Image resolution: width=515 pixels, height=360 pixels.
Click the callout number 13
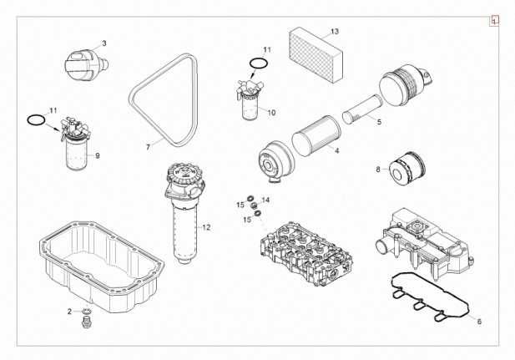tap(334, 31)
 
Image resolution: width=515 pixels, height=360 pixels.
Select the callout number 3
tap(104, 43)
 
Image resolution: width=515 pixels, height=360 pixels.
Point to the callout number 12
tap(206, 227)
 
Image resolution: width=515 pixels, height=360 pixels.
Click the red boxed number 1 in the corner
tap(495, 19)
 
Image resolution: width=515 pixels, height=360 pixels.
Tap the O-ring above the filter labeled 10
tap(259, 64)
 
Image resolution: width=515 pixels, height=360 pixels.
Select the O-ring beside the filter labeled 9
tap(35, 120)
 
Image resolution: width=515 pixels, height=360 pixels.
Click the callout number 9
tap(97, 155)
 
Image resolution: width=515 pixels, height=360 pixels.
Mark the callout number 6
tap(479, 322)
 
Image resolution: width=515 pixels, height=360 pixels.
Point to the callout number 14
tap(265, 200)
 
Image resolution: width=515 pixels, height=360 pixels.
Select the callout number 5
tap(379, 123)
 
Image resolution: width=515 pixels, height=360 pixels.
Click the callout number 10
tap(271, 111)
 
